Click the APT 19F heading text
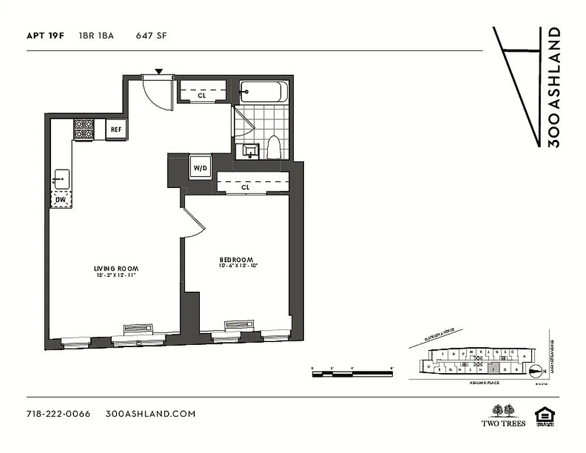click(45, 36)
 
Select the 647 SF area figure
click(151, 36)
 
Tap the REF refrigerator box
click(116, 129)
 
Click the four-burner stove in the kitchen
click(84, 130)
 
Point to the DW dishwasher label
click(59, 199)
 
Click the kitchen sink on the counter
click(61, 180)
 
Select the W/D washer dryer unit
click(200, 168)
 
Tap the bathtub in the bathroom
click(263, 91)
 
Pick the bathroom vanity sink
click(248, 151)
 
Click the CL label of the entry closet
click(202, 96)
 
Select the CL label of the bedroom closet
click(245, 187)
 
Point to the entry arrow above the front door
click(159, 71)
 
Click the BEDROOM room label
click(236, 260)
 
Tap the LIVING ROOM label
click(116, 268)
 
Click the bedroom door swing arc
click(194, 224)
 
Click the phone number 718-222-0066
click(58, 413)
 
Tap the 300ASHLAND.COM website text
click(151, 413)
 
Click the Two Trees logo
click(503, 415)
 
